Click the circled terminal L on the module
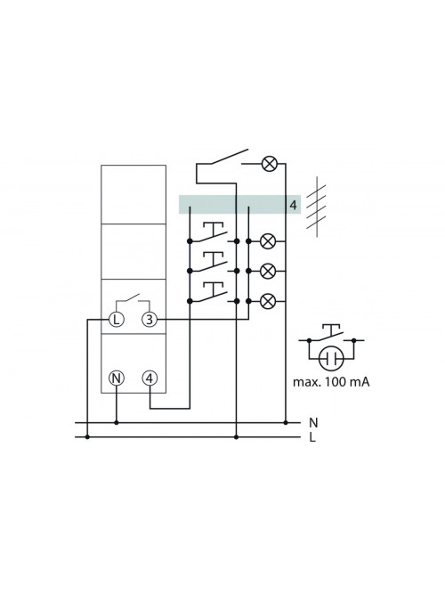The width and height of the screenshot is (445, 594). coord(117,320)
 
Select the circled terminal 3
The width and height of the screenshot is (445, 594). coord(150,320)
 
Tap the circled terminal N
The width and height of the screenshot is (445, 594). coord(117,378)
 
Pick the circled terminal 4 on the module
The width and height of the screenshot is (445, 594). coord(150,378)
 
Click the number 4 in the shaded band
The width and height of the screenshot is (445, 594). coord(293,206)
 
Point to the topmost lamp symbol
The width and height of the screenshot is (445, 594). coord(270,164)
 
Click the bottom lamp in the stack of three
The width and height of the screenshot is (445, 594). coord(268,301)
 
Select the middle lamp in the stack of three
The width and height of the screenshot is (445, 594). coord(268,271)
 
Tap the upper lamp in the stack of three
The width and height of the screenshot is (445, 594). coord(268,241)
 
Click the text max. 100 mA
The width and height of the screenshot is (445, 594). coord(331,382)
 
